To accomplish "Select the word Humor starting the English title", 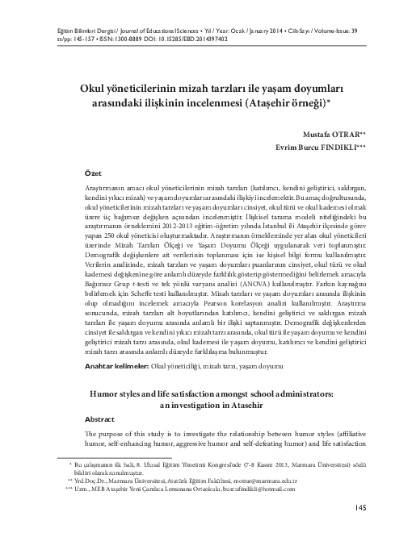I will pos(104,394).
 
